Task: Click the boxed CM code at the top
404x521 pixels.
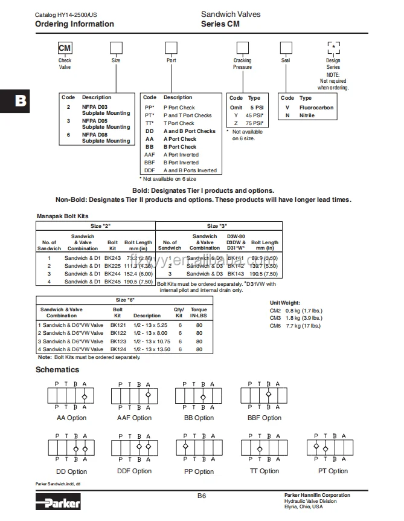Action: [65, 49]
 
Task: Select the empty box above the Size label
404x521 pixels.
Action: [116, 49]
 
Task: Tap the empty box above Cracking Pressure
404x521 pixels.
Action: [242, 49]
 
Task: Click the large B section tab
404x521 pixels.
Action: [21, 100]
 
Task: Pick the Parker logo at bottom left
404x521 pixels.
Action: [58, 501]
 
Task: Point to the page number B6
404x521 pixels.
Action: [202, 496]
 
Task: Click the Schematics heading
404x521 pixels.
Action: [57, 369]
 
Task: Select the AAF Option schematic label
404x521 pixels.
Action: [134, 418]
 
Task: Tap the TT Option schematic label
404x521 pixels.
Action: [265, 471]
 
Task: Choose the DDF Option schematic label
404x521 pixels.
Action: [134, 471]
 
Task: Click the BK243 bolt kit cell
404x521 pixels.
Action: [112, 257]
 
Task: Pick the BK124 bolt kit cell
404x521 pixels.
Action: [118, 349]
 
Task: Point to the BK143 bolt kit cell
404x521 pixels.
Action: [236, 274]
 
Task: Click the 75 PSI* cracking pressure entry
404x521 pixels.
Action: [252, 123]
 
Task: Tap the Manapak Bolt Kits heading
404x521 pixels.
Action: [62, 215]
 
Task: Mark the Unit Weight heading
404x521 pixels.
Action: [284, 302]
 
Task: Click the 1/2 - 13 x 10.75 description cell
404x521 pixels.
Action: [152, 341]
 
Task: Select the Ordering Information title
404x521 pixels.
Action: [74, 24]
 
